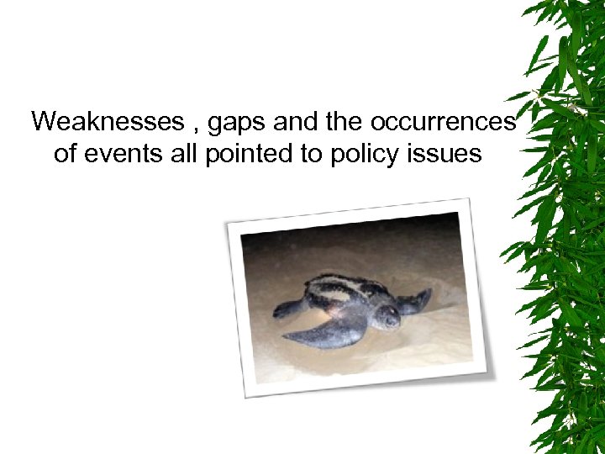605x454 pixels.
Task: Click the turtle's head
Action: click(x=387, y=315)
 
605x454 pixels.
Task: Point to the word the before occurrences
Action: click(x=345, y=123)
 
